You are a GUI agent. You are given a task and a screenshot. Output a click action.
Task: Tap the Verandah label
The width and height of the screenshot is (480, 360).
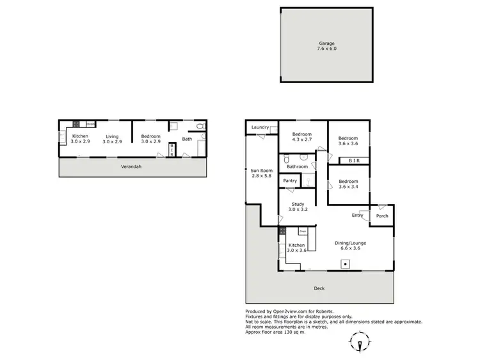[x=131, y=167]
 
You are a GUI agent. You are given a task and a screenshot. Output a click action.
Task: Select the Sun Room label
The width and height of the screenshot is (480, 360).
[x=260, y=171]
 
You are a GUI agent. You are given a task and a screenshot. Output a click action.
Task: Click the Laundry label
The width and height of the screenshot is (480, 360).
[x=260, y=127]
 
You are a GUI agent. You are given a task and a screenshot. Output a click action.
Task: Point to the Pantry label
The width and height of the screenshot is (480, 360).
[x=290, y=181]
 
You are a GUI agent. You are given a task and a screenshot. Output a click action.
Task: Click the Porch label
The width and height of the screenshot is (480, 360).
[x=382, y=215]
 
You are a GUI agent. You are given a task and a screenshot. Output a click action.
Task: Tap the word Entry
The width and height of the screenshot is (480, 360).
[x=357, y=215]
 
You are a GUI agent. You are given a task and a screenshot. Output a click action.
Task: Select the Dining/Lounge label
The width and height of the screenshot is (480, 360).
[x=350, y=242]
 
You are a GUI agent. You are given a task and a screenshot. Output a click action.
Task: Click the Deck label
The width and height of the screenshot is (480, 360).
[x=319, y=288]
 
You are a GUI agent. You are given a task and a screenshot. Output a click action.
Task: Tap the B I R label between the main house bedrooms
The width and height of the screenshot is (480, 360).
[x=353, y=161]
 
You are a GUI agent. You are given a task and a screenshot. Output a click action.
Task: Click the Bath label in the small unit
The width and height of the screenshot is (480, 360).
[x=187, y=139]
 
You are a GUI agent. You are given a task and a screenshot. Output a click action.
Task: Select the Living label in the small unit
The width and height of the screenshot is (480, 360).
[x=112, y=136]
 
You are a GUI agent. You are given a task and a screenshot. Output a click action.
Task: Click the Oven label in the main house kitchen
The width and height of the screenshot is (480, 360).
[x=303, y=231]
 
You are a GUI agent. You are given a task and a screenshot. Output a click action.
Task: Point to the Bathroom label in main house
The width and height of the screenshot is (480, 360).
[x=297, y=167]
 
